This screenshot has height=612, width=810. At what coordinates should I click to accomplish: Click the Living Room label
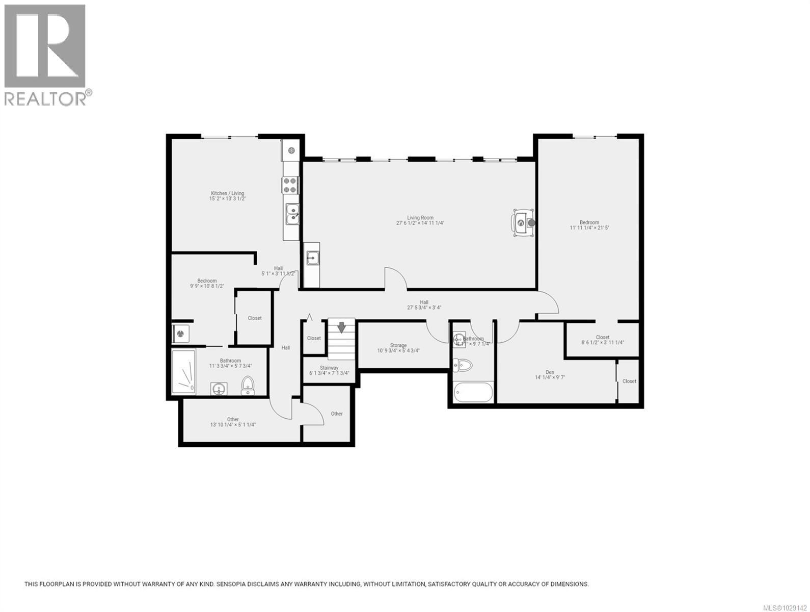(420, 218)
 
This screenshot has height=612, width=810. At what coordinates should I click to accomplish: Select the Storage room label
(398, 345)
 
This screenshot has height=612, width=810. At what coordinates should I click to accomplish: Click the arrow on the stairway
(341, 327)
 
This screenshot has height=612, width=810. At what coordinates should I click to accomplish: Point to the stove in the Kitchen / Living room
(290, 185)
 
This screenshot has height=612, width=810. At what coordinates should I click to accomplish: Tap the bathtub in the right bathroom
(473, 393)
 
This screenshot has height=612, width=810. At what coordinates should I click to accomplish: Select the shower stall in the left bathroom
(184, 372)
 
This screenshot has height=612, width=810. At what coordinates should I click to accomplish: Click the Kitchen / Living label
(227, 193)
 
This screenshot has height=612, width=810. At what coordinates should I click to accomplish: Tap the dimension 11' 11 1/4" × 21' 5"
(589, 228)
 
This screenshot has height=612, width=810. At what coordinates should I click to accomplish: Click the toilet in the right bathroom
(463, 365)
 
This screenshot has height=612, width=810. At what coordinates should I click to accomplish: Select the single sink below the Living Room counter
(312, 259)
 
